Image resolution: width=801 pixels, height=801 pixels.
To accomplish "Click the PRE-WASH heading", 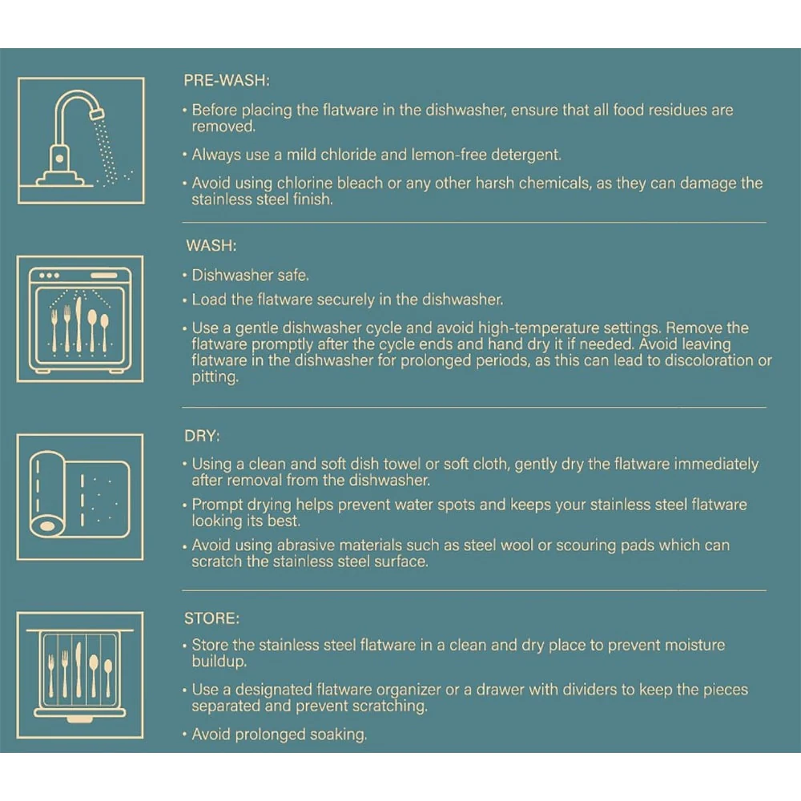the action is (x=227, y=80).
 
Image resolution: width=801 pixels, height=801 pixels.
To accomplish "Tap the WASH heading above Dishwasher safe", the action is (x=211, y=246).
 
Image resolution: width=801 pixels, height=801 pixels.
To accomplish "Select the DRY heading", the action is (x=202, y=436).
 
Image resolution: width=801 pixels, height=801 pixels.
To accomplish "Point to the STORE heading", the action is (x=211, y=618).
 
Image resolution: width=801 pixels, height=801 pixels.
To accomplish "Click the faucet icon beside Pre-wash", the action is (x=81, y=140).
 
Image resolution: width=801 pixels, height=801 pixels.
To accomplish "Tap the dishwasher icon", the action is (x=80, y=319).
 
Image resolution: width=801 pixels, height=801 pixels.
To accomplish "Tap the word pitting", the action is (x=215, y=377).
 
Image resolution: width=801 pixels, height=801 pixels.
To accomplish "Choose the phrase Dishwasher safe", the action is (x=250, y=276).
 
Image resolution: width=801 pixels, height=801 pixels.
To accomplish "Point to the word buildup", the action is (x=219, y=662).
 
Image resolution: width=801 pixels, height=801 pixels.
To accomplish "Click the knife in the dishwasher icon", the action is (x=78, y=325).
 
